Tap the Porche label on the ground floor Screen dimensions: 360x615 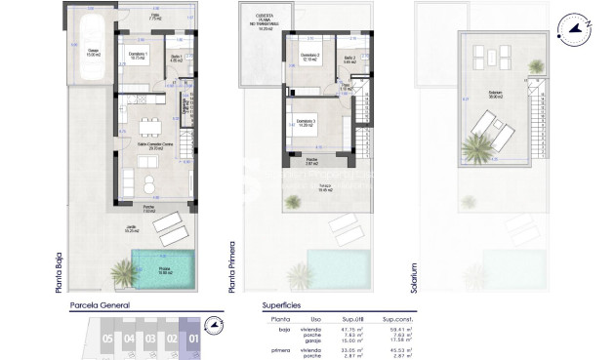150,207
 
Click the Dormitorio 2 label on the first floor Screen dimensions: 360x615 309,56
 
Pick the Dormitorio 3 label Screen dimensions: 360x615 310,125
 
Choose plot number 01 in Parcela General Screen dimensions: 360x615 191,340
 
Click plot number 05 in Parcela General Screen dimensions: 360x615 106,340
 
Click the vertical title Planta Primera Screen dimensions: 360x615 232,264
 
